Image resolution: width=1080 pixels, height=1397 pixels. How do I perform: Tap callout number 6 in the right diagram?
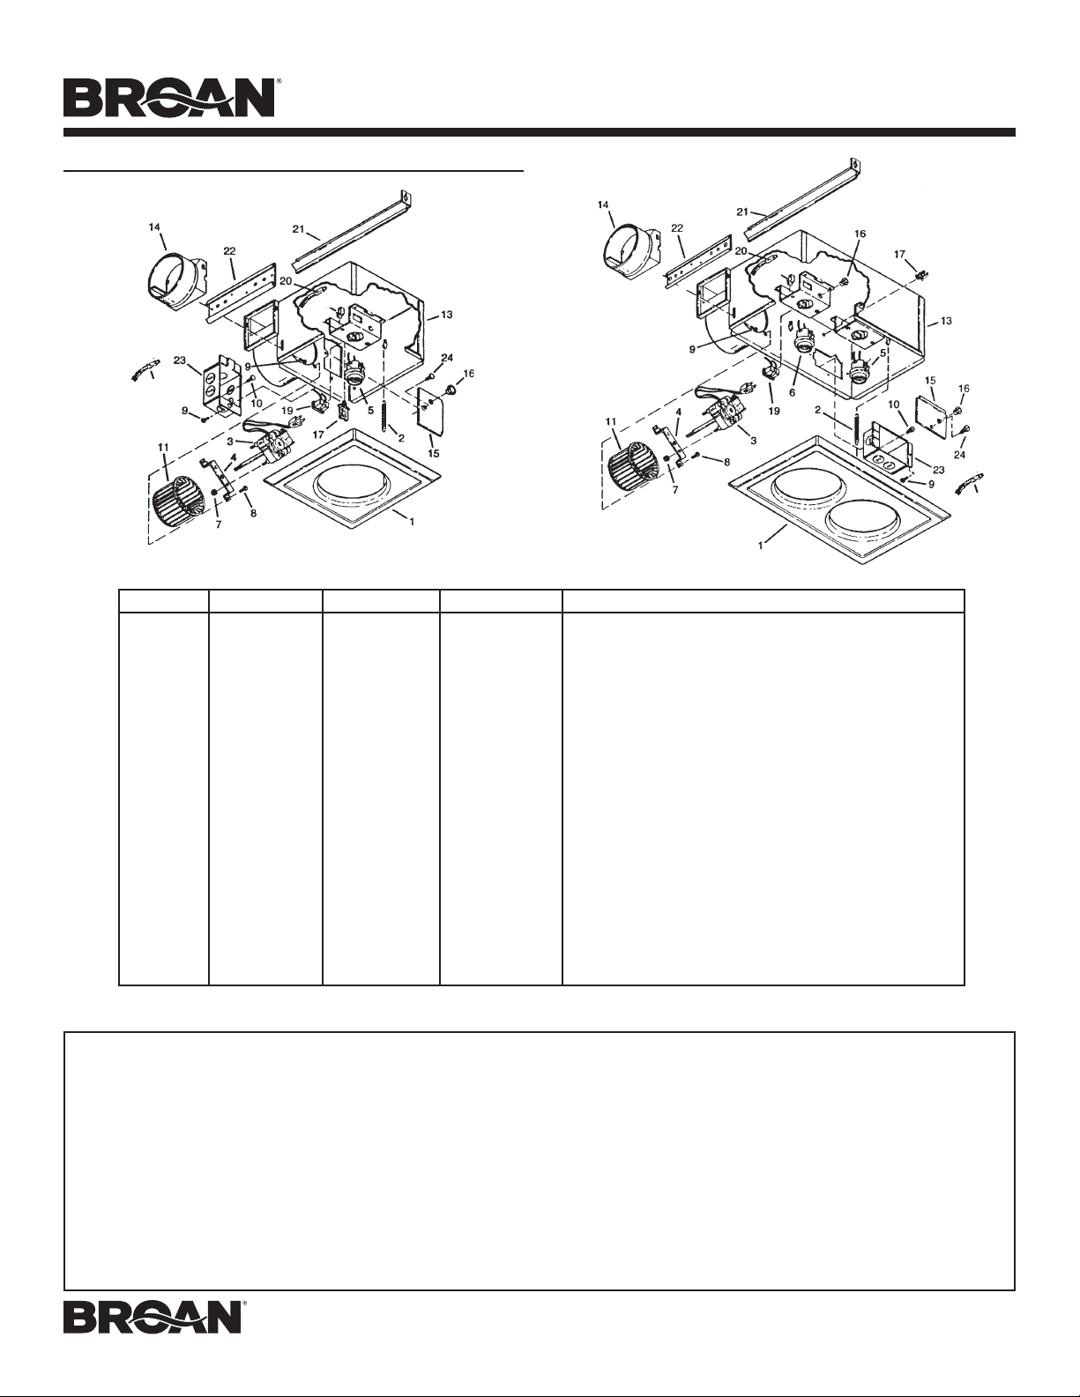pos(792,391)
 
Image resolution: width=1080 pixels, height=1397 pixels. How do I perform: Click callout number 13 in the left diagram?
pos(446,315)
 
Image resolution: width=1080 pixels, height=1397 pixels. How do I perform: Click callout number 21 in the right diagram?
pos(743,212)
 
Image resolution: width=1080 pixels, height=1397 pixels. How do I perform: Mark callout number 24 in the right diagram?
pos(960,455)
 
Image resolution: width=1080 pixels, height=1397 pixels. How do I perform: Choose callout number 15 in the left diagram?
pos(434,453)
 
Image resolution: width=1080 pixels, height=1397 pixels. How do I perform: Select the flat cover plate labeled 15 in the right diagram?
pos(929,412)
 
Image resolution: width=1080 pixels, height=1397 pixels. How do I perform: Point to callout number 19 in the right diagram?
pos(774,411)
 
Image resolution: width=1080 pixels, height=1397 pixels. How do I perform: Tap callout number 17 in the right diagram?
pos(900,254)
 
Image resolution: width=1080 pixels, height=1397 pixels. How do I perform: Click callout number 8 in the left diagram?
pos(254,514)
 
